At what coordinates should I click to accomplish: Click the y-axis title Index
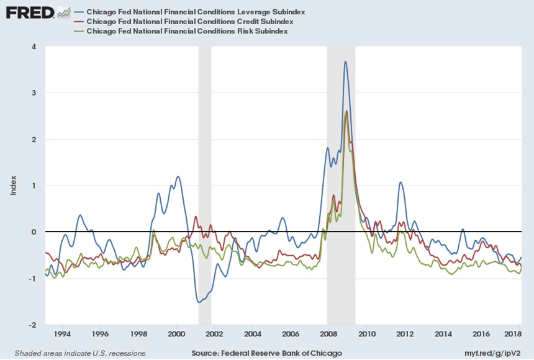coord(14,186)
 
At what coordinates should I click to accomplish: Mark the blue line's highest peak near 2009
coord(345,61)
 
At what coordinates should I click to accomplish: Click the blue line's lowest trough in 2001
coord(199,302)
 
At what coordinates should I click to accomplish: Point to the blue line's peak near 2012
coord(400,182)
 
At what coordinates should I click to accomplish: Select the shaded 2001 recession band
coord(204,186)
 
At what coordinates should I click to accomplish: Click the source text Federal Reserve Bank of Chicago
coord(266,353)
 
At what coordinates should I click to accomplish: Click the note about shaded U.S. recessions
coord(76,353)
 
